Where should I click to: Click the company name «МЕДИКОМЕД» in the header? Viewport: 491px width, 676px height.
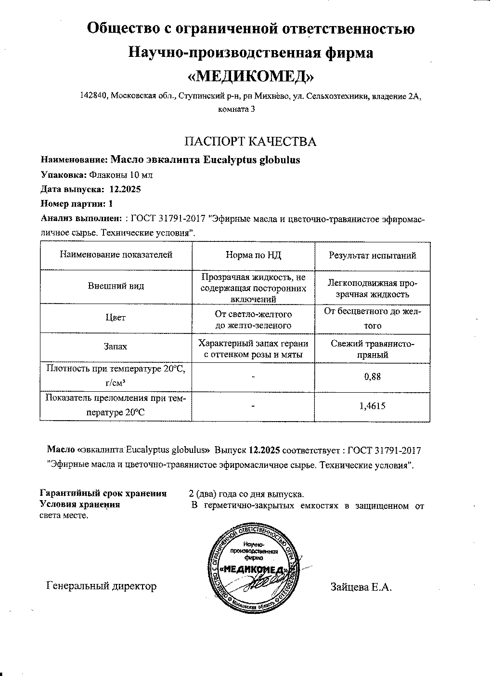pos(251,76)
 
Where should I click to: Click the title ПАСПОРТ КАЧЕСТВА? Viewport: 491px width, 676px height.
pos(251,141)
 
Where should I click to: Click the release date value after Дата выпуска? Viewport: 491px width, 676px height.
pos(125,189)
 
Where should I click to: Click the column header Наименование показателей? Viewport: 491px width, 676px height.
pos(116,255)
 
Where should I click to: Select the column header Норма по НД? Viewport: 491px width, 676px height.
pos(253,255)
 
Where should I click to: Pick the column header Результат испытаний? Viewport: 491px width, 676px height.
pos(372,255)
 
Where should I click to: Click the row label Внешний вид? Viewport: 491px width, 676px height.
pos(116,286)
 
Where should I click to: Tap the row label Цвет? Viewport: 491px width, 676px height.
pos(116,318)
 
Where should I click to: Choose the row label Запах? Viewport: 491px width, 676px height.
pos(116,346)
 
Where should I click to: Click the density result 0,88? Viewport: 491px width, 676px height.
pos(372,376)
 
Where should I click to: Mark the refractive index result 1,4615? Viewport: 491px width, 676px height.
pos(372,406)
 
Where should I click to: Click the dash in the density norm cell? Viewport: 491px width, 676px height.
pos(253,376)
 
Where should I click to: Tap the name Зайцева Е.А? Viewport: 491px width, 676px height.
pos(362,587)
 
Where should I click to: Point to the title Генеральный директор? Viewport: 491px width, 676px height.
pos(102,586)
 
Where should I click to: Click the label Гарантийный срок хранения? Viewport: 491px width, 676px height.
pos(103,493)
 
